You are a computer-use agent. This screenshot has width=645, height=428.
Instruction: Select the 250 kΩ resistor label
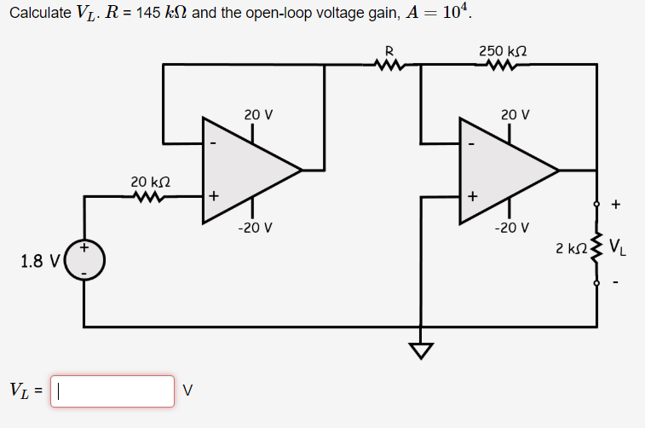tap(501, 51)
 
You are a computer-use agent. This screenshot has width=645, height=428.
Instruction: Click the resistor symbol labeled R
tap(389, 64)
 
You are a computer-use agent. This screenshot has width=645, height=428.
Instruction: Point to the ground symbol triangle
tap(420, 350)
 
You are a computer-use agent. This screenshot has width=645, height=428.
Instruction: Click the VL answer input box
tap(112, 391)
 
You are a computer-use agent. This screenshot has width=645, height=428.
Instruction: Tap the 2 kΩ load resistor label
tap(570, 249)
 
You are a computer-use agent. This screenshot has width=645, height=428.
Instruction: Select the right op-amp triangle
tap(503, 171)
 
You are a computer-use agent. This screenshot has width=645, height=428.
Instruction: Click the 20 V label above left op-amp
tap(258, 114)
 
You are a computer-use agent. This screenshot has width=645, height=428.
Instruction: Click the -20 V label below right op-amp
tap(514, 228)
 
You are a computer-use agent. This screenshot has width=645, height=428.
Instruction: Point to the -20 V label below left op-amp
tap(256, 228)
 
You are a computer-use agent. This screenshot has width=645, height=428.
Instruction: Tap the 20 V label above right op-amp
tap(515, 114)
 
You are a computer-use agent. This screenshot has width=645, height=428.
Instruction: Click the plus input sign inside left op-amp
tap(213, 196)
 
